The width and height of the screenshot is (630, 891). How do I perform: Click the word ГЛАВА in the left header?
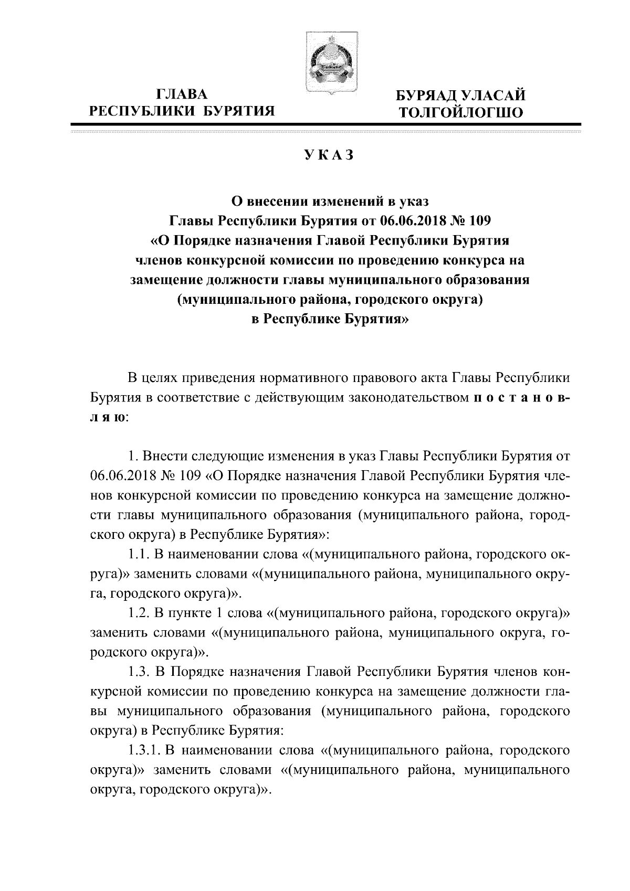click(182, 94)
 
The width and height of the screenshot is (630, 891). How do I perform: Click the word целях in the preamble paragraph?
click(161, 378)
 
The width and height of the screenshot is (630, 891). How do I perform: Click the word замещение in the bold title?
click(165, 280)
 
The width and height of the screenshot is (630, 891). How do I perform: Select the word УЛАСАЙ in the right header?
click(495, 96)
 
